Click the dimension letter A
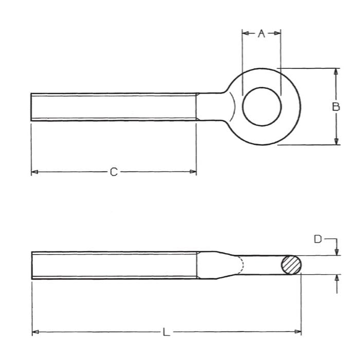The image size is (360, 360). (261, 33)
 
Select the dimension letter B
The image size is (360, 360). (335, 107)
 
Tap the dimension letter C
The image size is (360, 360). (114, 172)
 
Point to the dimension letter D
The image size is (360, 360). (318, 240)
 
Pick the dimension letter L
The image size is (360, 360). (166, 333)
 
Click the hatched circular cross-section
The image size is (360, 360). (291, 265)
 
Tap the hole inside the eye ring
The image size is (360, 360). (262, 107)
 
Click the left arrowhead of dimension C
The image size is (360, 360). (34, 172)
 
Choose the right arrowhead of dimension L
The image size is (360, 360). (298, 333)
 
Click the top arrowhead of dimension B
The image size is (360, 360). (336, 71)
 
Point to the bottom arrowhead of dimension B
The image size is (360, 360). (336, 141)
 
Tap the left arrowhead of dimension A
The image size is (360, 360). (245, 33)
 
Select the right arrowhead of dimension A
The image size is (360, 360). (278, 33)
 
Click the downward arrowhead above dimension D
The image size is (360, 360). (336, 253)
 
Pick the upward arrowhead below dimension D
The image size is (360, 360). (336, 278)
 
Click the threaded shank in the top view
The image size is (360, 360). (113, 107)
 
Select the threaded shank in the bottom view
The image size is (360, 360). (113, 265)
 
